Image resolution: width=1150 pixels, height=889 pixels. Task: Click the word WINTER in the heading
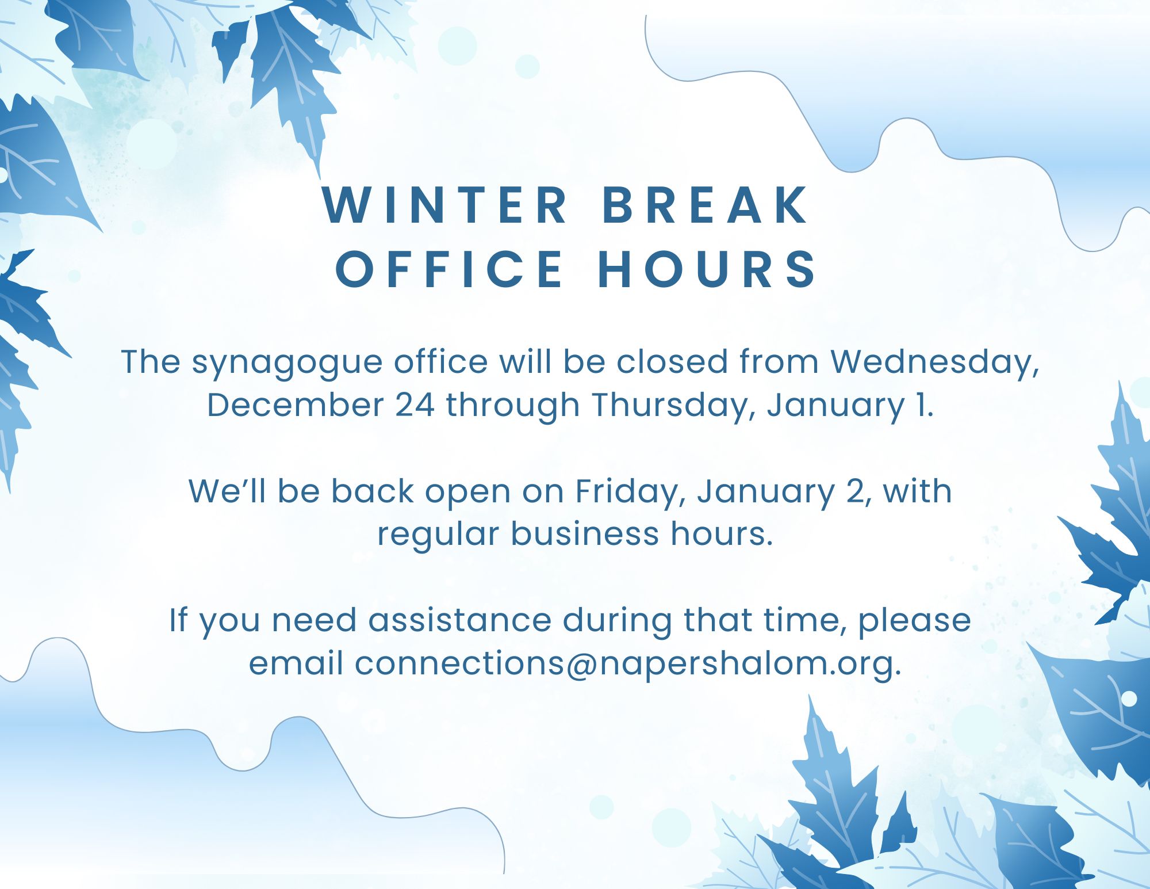(446, 205)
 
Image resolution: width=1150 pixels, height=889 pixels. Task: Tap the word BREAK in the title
(706, 205)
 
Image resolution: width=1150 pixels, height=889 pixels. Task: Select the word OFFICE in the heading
(449, 269)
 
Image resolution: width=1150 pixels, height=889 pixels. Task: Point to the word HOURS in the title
(707, 269)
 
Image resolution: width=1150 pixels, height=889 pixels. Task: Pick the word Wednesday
(935, 363)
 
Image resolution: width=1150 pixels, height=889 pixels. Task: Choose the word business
(585, 534)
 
